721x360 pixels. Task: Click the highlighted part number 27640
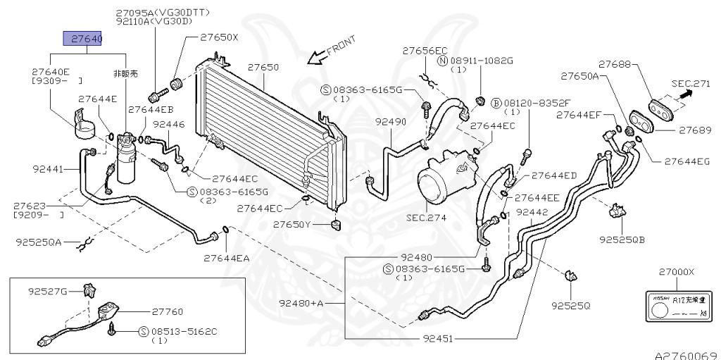coord(83,39)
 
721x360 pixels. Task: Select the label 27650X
coord(219,37)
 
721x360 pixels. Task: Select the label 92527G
coord(48,290)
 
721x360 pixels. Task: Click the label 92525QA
coord(39,242)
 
